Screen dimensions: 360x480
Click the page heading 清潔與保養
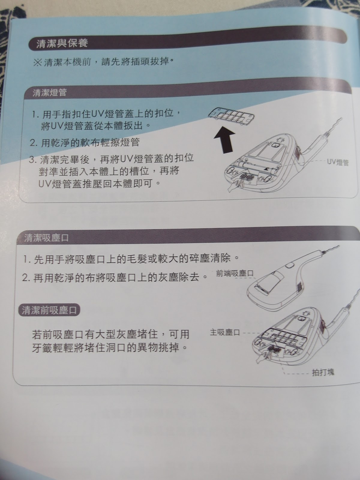coord(62,43)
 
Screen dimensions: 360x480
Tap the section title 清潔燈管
coord(49,92)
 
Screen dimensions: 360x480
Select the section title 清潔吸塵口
coord(46,238)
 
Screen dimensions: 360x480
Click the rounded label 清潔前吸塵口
coord(49,310)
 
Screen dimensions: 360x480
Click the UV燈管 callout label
coord(338,162)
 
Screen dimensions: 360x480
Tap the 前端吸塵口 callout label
coord(235,273)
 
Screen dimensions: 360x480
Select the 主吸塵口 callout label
coord(225,332)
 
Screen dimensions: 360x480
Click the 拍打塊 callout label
coord(323,372)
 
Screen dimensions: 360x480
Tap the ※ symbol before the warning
coord(37,63)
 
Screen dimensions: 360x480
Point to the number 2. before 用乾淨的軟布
coord(34,143)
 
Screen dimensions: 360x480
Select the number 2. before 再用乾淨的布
coord(26,278)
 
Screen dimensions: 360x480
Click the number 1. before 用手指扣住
coord(35,114)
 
